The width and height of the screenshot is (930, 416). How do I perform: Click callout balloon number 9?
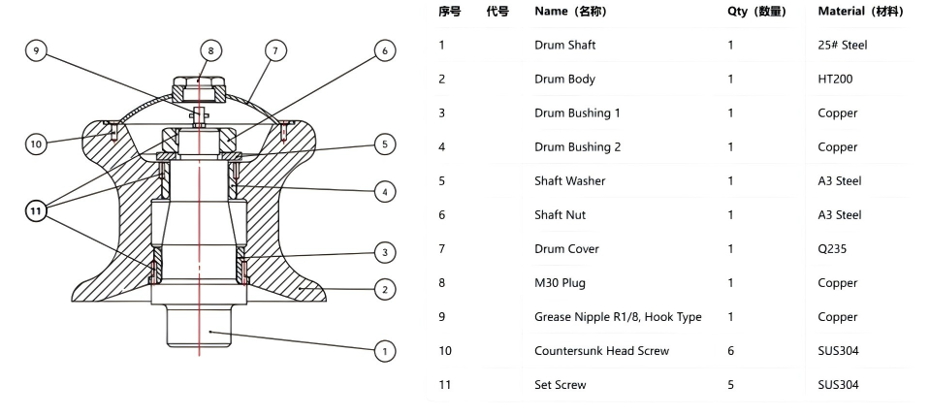pos(36,50)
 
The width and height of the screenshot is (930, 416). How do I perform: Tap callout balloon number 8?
pos(210,50)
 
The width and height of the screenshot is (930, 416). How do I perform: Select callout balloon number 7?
pos(274,50)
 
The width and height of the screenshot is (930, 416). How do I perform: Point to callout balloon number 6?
pos(385,50)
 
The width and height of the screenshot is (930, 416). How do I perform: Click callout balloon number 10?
pos(36,144)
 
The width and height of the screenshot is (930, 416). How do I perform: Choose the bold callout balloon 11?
pos(36,210)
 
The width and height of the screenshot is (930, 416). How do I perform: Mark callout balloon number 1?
pos(385,351)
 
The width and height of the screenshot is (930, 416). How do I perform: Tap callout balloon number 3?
pos(385,252)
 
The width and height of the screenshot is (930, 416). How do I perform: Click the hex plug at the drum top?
pos(199,89)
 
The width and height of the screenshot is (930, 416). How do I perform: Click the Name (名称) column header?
pos(570,11)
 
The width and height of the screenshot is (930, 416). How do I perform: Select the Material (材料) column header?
pos(860,11)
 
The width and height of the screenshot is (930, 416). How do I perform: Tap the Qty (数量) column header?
pos(756,11)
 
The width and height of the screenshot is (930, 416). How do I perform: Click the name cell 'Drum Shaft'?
pos(564,46)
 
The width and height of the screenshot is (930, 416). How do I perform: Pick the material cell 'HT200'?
pos(835,79)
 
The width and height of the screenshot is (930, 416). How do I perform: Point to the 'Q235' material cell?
pos(832,248)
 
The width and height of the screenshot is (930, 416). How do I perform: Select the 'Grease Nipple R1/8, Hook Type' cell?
pos(618,317)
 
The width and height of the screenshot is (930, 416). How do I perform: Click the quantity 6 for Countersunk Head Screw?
pos(731,351)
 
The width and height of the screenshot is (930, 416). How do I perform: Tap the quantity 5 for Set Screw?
pos(731,385)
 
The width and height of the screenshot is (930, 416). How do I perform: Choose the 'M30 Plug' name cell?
pos(560,282)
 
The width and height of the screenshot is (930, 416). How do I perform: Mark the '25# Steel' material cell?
pos(842,46)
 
